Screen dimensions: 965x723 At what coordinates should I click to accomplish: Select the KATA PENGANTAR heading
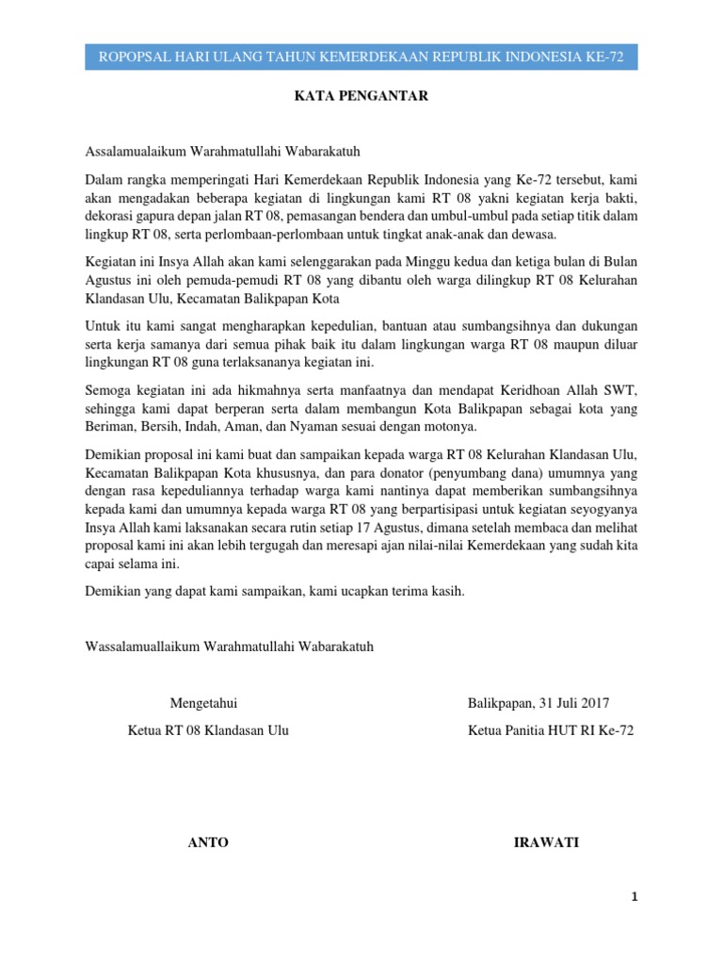pyautogui.click(x=361, y=95)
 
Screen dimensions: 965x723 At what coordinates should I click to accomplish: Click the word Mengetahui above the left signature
pyautogui.click(x=204, y=703)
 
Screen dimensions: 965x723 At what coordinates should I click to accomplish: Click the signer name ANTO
pyautogui.click(x=208, y=842)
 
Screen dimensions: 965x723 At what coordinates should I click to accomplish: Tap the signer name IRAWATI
pyautogui.click(x=546, y=842)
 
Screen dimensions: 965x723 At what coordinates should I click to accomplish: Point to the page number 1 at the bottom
pyautogui.click(x=635, y=898)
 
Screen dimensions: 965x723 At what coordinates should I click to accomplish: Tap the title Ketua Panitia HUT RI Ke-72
pyautogui.click(x=551, y=731)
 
